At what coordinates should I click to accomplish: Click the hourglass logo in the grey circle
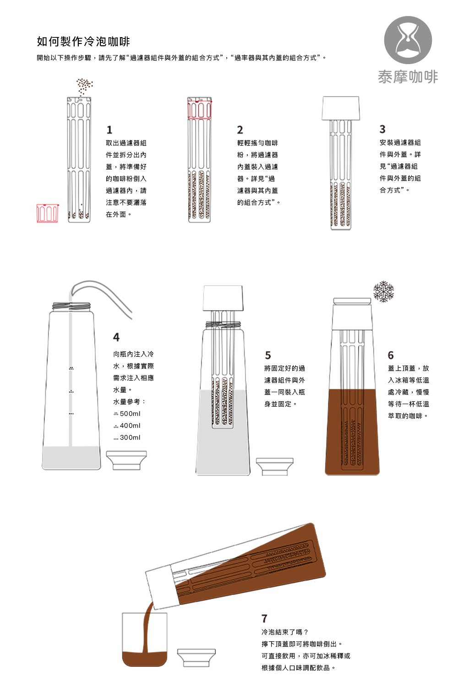[x=408, y=40]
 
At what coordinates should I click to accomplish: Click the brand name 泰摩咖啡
[x=408, y=76]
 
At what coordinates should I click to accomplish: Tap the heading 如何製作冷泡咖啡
[x=83, y=41]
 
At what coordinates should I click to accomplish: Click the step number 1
[x=109, y=130]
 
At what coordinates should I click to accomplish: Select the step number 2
[x=240, y=130]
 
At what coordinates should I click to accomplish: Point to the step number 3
[x=382, y=129]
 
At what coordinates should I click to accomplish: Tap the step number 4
[x=116, y=337]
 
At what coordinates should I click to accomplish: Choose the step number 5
[x=268, y=355]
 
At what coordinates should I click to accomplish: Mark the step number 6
[x=391, y=355]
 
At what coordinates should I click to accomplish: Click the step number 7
[x=264, y=618]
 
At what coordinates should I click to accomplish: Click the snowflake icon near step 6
[x=383, y=292]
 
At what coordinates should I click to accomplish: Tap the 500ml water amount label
[x=127, y=414]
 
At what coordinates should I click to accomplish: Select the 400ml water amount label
[x=127, y=425]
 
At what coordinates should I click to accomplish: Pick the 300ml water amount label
[x=127, y=438]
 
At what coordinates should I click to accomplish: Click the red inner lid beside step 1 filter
[x=48, y=213]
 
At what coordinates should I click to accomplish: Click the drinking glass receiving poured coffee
[x=145, y=639]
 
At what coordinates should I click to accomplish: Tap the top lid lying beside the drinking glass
[x=196, y=658]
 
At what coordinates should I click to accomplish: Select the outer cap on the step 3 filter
[x=340, y=108]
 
